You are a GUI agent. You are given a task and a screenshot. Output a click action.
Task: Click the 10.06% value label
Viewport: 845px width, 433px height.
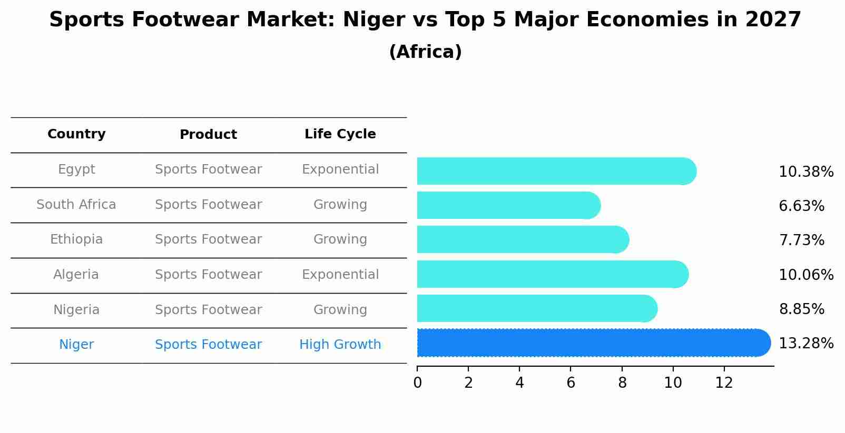pyautogui.click(x=806, y=275)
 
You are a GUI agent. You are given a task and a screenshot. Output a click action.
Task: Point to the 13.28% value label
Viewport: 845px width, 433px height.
pyautogui.click(x=806, y=344)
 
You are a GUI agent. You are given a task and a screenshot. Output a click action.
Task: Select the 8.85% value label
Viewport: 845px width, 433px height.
pyautogui.click(x=801, y=309)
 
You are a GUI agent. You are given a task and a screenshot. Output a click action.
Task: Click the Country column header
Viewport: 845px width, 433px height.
pyautogui.click(x=76, y=134)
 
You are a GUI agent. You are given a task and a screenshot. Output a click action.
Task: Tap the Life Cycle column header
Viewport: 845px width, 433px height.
pyautogui.click(x=340, y=134)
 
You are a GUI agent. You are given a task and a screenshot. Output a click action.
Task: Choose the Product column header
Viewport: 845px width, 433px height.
pyautogui.click(x=208, y=135)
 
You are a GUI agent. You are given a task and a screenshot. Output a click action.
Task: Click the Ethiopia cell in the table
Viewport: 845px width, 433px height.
pyautogui.click(x=76, y=239)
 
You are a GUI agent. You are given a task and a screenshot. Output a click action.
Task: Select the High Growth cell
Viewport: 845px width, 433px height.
pyautogui.click(x=340, y=345)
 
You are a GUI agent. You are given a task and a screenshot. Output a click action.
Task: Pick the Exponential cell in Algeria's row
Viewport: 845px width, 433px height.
pyautogui.click(x=340, y=275)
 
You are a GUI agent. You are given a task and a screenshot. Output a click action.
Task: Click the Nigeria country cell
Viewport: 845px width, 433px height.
pyautogui.click(x=76, y=310)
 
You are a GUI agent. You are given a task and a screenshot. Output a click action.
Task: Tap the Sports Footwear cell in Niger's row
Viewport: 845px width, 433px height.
pyautogui.click(x=208, y=345)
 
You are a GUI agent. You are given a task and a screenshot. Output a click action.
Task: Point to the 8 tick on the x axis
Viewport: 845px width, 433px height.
pyautogui.click(x=622, y=383)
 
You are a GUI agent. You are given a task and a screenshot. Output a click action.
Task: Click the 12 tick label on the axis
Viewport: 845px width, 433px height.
pyautogui.click(x=724, y=383)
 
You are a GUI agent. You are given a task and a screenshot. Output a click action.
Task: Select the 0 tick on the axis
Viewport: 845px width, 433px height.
pyautogui.click(x=417, y=383)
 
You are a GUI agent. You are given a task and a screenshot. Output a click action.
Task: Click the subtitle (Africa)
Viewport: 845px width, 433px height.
pyautogui.click(x=425, y=52)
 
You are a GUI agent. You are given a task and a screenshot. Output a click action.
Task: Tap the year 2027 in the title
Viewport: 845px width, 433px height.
pyautogui.click(x=773, y=20)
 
